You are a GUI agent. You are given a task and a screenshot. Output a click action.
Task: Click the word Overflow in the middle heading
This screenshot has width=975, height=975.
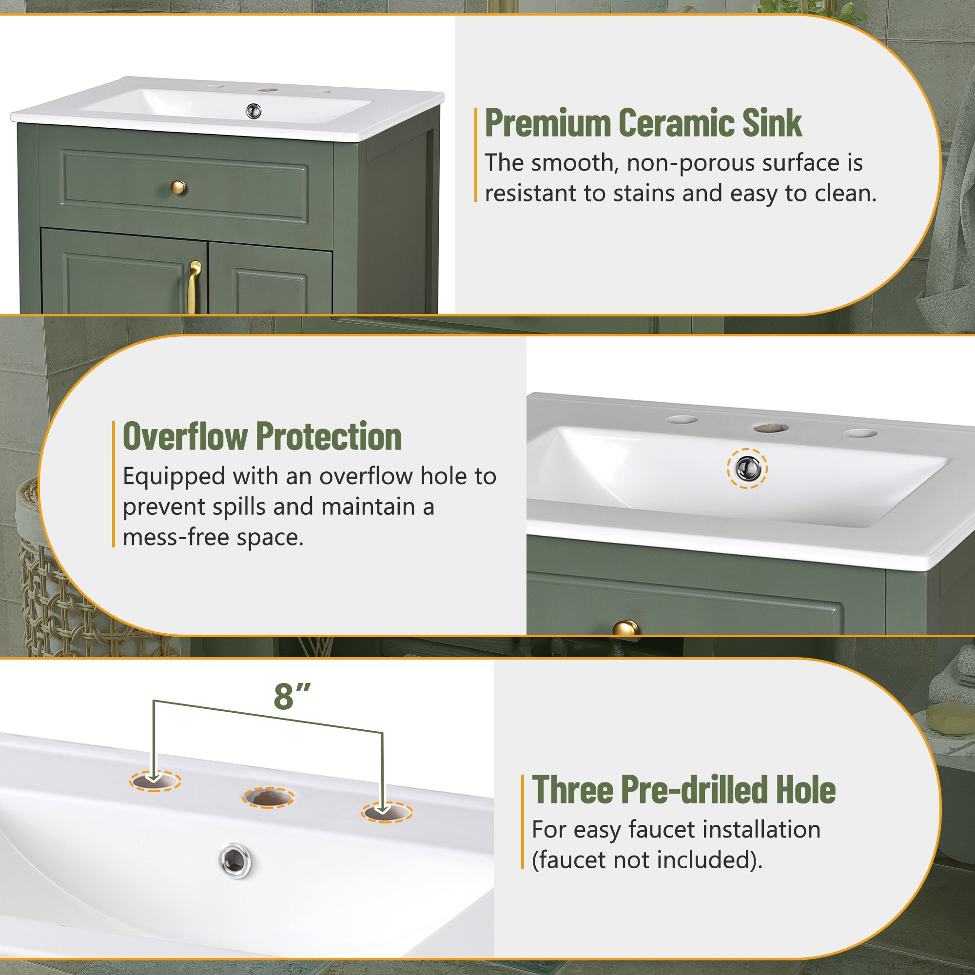pyautogui.click(x=185, y=436)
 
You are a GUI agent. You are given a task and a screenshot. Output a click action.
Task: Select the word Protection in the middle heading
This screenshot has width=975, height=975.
pyautogui.click(x=329, y=436)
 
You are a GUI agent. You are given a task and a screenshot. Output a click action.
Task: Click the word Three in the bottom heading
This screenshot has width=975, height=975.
pyautogui.click(x=572, y=790)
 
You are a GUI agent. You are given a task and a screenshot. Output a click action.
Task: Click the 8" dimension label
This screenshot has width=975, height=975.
pyautogui.click(x=292, y=697)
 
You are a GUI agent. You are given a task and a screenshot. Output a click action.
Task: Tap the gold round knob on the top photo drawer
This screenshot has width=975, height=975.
pyautogui.click(x=178, y=188)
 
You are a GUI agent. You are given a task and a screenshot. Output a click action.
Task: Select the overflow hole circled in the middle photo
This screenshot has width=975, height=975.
pyautogui.click(x=747, y=468)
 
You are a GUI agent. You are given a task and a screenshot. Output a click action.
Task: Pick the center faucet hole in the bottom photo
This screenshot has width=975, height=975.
pyautogui.click(x=269, y=798)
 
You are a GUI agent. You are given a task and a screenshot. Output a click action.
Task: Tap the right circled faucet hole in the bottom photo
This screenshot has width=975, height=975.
pyautogui.click(x=387, y=813)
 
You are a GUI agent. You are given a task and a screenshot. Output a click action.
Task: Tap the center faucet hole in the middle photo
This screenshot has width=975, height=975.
pyautogui.click(x=771, y=428)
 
